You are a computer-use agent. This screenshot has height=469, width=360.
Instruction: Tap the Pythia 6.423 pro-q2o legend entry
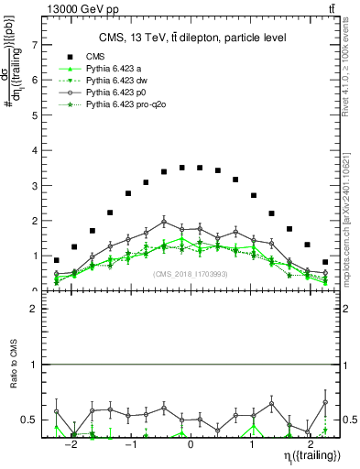click(x=131, y=106)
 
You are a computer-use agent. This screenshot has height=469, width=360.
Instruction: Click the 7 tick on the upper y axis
click(x=35, y=44)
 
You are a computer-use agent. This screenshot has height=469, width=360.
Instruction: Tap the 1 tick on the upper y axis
click(x=35, y=256)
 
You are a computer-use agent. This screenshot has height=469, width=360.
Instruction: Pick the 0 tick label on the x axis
click(x=191, y=443)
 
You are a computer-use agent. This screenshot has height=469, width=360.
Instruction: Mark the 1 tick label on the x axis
click(x=251, y=443)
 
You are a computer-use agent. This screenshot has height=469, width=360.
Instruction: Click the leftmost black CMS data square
click(x=57, y=260)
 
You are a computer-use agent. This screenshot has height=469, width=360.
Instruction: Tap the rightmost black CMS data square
click(x=325, y=262)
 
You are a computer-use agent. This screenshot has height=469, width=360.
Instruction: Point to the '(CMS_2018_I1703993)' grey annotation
click(x=191, y=273)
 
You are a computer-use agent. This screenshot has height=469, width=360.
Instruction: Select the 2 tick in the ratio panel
click(x=35, y=309)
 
